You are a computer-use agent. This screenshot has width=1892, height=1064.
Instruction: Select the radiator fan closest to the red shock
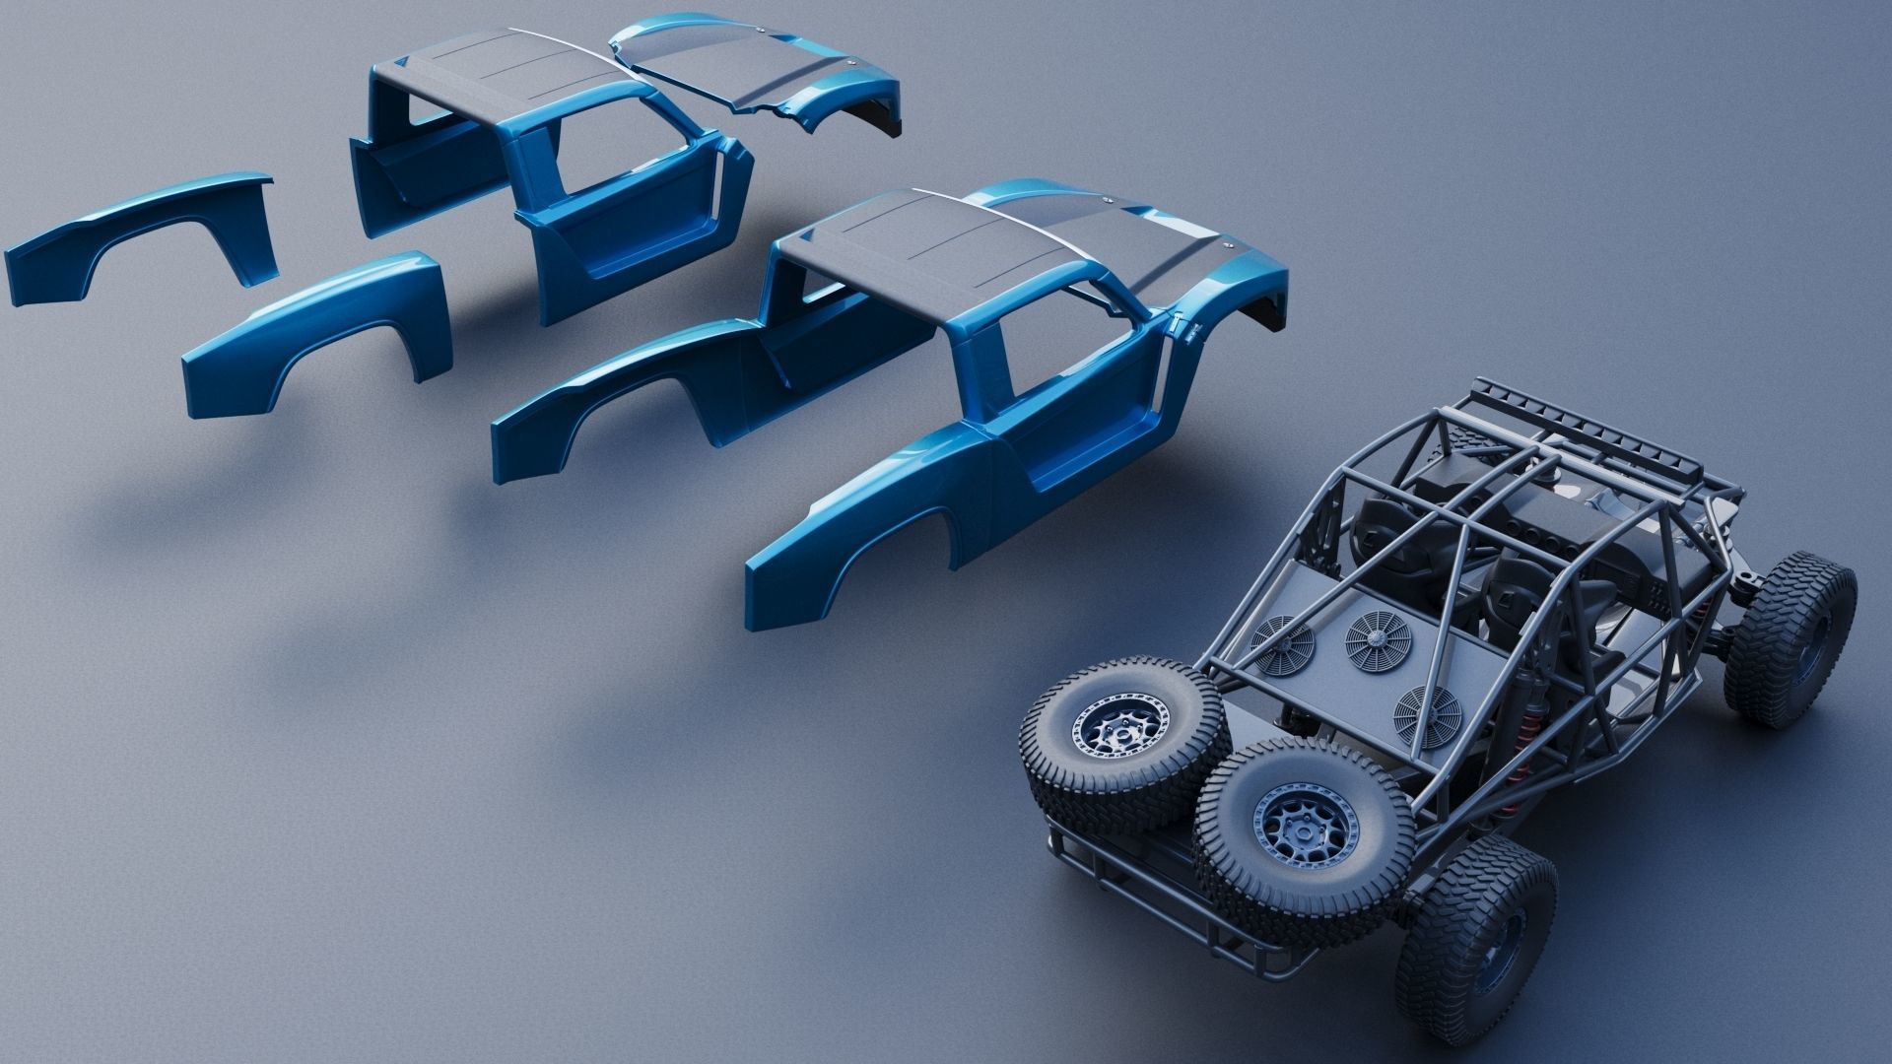(x=1426, y=714)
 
